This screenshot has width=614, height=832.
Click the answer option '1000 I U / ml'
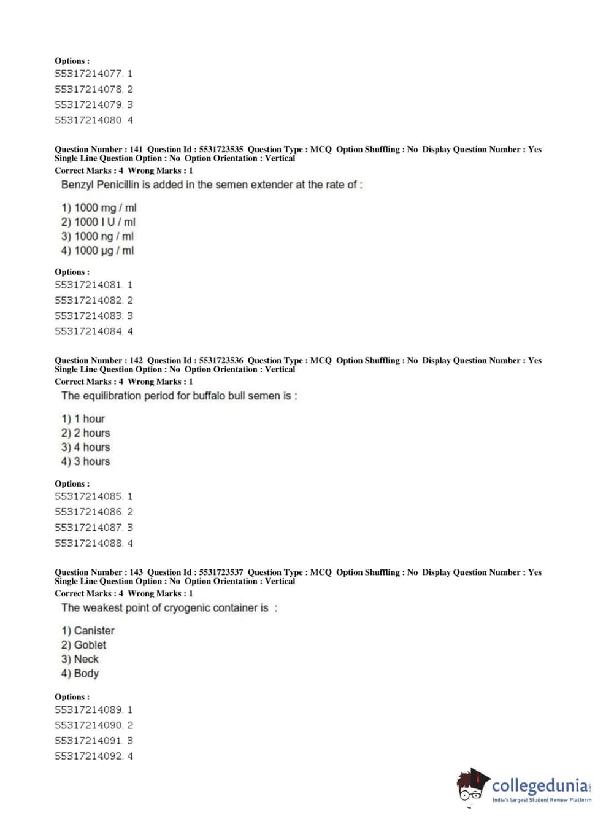point(98,222)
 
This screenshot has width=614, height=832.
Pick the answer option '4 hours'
point(85,447)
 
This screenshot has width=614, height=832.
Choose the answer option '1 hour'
point(83,418)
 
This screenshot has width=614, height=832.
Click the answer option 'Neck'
point(80,659)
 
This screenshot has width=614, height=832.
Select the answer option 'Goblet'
point(83,645)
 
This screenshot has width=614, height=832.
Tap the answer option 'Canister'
point(88,631)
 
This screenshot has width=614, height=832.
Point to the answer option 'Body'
point(80,673)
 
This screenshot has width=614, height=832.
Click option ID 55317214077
point(89,74)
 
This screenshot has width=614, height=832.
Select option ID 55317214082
point(89,300)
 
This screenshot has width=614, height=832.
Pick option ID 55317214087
point(89,527)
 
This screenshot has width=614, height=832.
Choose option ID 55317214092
point(89,756)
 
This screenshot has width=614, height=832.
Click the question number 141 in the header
point(136,149)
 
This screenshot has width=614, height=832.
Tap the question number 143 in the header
point(136,572)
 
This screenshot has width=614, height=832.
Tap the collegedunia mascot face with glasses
point(471,788)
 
